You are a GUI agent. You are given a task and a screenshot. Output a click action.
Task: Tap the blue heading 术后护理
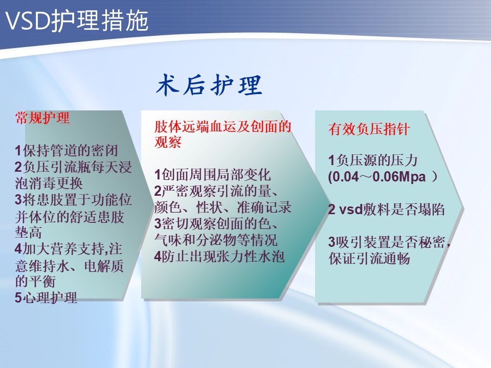(x=209, y=85)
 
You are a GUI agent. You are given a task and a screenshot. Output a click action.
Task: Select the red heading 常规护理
(x=42, y=118)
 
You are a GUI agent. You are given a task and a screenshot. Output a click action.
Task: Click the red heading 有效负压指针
(x=369, y=129)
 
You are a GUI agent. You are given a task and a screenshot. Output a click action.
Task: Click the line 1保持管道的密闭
(x=66, y=150)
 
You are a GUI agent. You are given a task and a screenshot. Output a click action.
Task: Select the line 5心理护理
(x=46, y=297)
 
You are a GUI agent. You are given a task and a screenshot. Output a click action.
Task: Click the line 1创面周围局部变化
(x=212, y=174)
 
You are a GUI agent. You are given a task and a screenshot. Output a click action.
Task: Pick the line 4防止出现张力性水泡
(x=219, y=257)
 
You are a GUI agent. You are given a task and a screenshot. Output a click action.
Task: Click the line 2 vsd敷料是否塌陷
(x=386, y=209)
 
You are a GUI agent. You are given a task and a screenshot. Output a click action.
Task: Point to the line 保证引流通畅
(x=369, y=259)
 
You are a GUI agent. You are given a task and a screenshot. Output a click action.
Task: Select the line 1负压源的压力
(x=373, y=160)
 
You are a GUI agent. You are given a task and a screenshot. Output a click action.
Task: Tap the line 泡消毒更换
(x=49, y=183)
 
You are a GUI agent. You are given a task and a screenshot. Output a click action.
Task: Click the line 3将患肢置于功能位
(x=73, y=200)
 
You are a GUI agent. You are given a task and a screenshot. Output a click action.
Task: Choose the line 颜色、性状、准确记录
(x=222, y=207)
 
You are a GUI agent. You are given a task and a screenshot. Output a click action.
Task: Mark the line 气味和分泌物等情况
(x=216, y=240)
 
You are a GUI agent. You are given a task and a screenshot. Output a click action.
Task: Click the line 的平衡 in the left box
(x=35, y=281)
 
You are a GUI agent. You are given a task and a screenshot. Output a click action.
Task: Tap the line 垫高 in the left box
(x=28, y=232)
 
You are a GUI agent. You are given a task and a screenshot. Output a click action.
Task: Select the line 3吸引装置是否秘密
(x=389, y=242)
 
